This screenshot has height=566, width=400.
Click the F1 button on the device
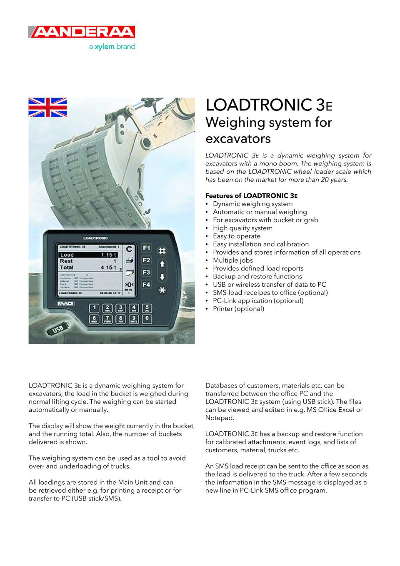pyautogui.click(x=146, y=248)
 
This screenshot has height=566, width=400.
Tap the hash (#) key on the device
pyautogui.click(x=162, y=250)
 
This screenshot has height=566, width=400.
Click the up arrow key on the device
pyautogui.click(x=162, y=263)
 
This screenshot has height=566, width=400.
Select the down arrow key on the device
pyautogui.click(x=162, y=276)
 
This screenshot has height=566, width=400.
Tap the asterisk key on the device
pyautogui.click(x=162, y=290)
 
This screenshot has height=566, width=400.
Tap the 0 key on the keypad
pyautogui.click(x=147, y=319)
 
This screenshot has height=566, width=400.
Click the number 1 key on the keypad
pyautogui.click(x=95, y=308)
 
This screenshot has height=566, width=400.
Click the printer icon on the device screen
pyautogui.click(x=130, y=260)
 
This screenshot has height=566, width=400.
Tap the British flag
pyautogui.click(x=47, y=108)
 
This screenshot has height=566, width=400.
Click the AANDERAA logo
pyautogui.click(x=82, y=32)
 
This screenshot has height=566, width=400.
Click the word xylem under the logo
pyautogui.click(x=104, y=47)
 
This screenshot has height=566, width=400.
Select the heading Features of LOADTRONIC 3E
pyautogui.click(x=251, y=195)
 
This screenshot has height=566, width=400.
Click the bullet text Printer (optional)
pyautogui.click(x=238, y=309)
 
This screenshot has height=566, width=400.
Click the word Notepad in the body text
pyautogui.click(x=220, y=418)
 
